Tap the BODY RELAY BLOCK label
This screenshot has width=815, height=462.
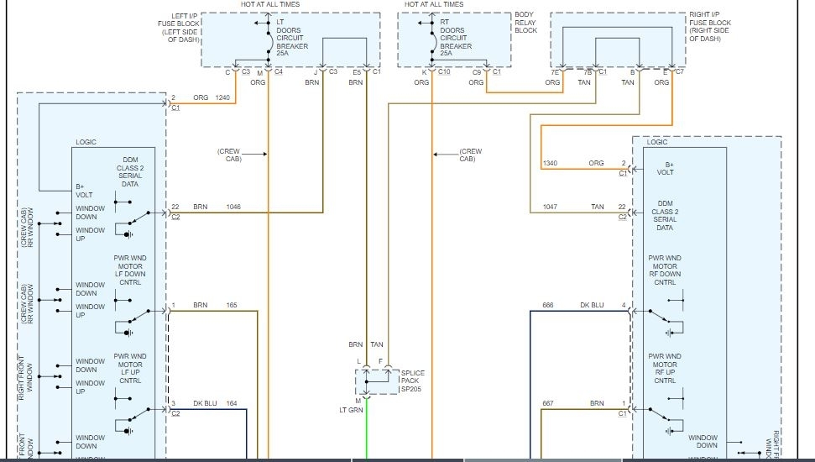tap(526, 23)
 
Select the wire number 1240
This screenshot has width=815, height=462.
tap(223, 97)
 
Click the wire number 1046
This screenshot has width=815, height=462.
tap(234, 206)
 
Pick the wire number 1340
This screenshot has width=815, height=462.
tap(550, 163)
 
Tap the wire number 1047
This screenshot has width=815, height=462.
tap(550, 206)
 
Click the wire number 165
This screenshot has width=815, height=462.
tap(231, 305)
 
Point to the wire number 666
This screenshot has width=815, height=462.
tap(548, 305)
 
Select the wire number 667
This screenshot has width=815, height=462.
tap(548, 403)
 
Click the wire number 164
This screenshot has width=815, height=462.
tap(231, 403)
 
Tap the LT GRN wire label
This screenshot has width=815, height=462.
tap(352, 410)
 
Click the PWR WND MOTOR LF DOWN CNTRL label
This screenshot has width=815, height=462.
tap(131, 273)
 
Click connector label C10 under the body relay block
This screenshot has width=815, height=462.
tap(444, 72)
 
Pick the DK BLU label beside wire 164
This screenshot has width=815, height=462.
tap(205, 403)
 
